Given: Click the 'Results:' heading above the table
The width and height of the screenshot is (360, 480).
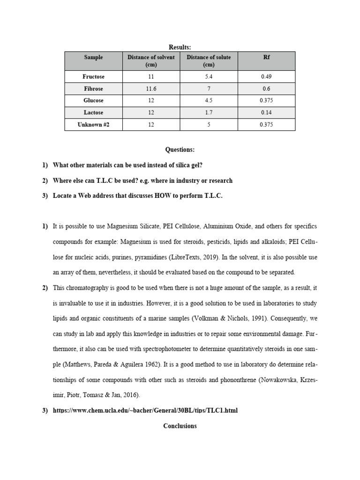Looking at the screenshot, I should click(180, 47).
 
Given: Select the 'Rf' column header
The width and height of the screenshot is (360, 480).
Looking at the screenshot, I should click(266, 57).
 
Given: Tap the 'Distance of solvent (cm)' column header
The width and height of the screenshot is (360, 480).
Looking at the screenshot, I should click(151, 61).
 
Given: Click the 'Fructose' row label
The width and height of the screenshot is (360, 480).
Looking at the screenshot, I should click(93, 76).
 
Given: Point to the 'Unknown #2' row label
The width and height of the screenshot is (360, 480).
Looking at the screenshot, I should click(93, 125).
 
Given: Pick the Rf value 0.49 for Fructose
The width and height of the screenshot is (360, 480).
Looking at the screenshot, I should click(266, 76).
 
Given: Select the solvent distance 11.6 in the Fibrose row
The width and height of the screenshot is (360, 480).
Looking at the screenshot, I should click(151, 89).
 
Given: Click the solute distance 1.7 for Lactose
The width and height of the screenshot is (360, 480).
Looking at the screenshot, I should click(209, 112).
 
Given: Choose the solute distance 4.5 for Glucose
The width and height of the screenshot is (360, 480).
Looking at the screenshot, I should click(209, 100).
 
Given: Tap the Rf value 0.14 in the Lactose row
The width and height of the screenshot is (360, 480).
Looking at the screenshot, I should click(266, 112).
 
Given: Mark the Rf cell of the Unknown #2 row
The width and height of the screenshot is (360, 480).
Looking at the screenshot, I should click(266, 125).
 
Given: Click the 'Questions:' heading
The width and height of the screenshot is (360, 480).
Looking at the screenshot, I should click(180, 150).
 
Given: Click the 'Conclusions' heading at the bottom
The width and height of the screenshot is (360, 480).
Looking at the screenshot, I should click(180, 426).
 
